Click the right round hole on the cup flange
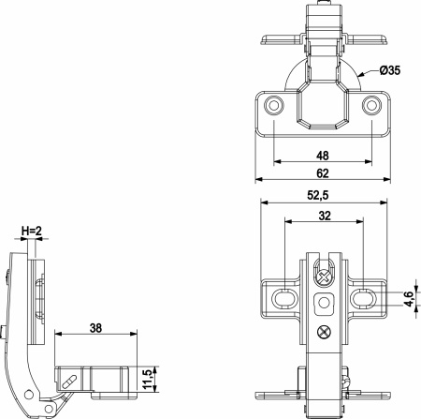(x=370, y=106)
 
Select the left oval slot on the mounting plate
(x=283, y=298)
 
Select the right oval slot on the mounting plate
(x=363, y=298)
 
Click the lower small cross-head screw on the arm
(x=324, y=331)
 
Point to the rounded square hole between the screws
(x=324, y=303)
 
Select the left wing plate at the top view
(x=279, y=39)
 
